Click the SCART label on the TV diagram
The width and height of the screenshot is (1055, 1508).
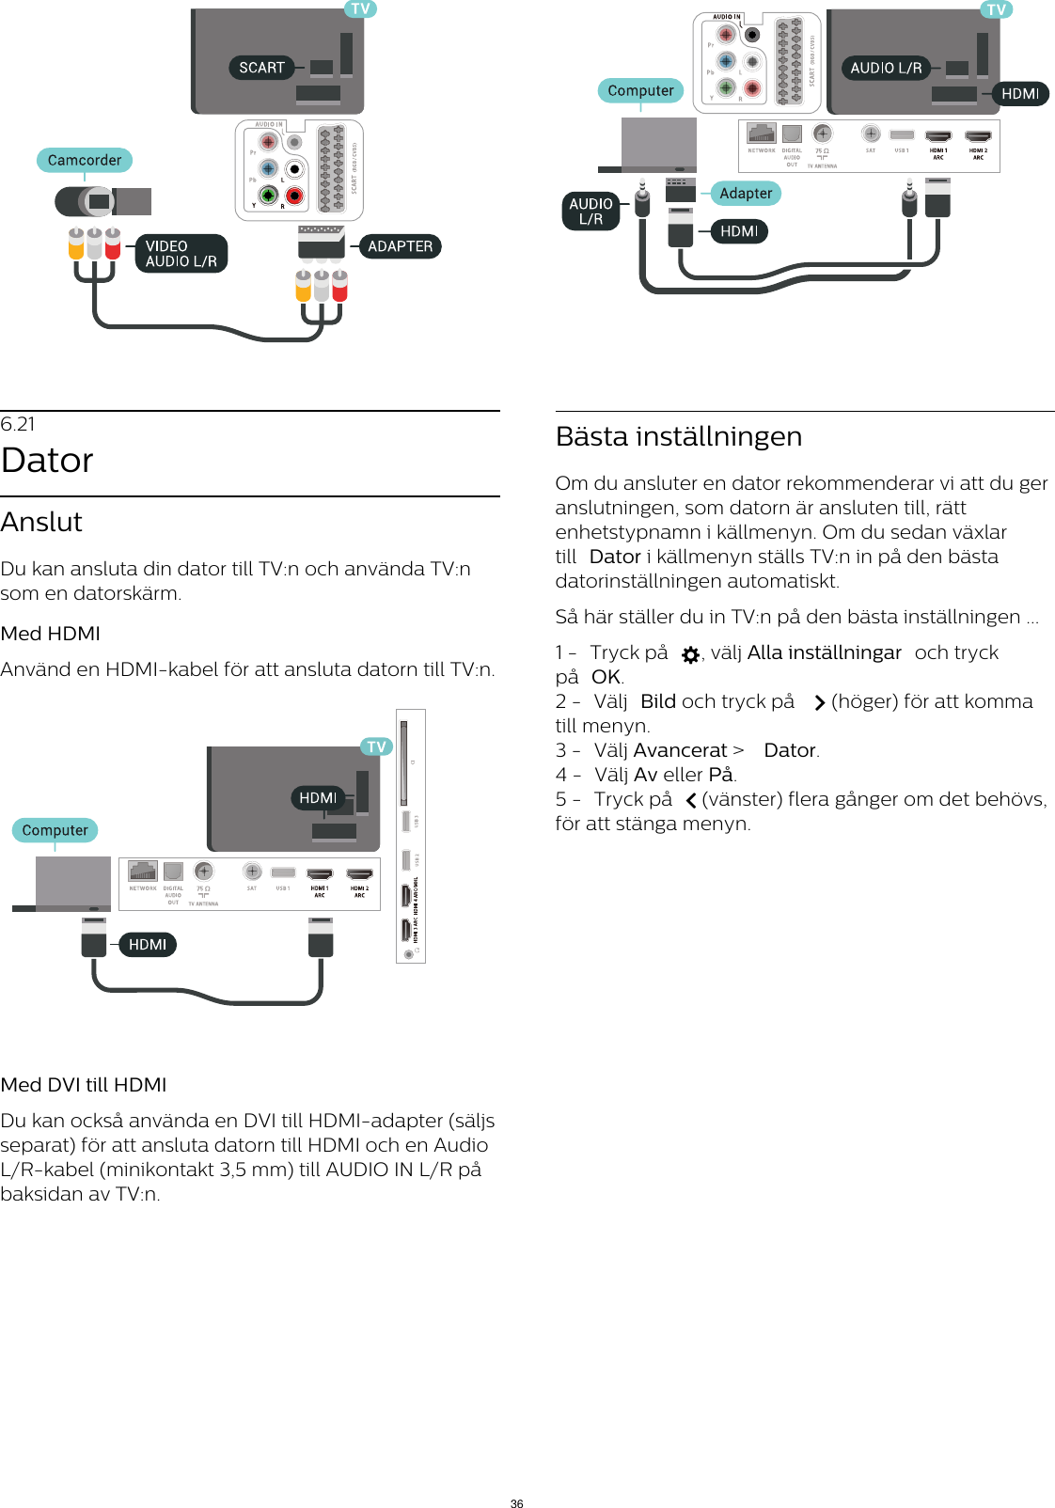pyautogui.click(x=260, y=68)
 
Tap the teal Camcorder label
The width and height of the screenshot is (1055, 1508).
pyautogui.click(x=85, y=160)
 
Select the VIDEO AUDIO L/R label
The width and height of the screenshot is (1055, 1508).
pyautogui.click(x=181, y=254)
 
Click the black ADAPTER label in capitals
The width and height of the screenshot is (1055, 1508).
pyautogui.click(x=400, y=246)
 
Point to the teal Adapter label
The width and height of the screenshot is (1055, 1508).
pyautogui.click(x=746, y=194)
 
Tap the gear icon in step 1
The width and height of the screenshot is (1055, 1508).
pyautogui.click(x=690, y=654)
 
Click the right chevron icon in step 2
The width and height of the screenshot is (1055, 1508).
pyautogui.click(x=819, y=703)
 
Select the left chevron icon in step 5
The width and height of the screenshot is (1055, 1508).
pyautogui.click(x=690, y=801)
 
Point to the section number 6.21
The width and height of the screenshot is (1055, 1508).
pyautogui.click(x=18, y=424)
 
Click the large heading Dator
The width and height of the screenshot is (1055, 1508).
pyautogui.click(x=47, y=461)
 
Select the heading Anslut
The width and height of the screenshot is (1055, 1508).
pyautogui.click(x=41, y=522)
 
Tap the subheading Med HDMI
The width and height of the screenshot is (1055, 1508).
pyautogui.click(x=51, y=634)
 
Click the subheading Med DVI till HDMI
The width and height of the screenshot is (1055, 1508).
pyautogui.click(x=84, y=1085)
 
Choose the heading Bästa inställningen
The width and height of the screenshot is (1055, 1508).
pyautogui.click(x=678, y=436)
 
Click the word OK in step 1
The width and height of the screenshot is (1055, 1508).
pyautogui.click(x=606, y=677)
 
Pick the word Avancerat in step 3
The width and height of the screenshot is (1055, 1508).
pyautogui.click(x=680, y=750)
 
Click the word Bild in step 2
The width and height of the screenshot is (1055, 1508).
pyautogui.click(x=657, y=701)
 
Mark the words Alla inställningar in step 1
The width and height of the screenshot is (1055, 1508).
pyautogui.click(x=824, y=652)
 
